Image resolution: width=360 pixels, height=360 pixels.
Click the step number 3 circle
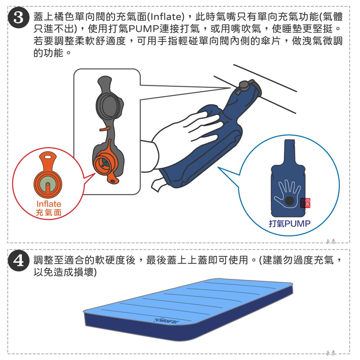(x=18, y=18)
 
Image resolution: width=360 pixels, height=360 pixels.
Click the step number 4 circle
(x=18, y=261)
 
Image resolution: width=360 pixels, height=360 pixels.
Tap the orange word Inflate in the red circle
(x=49, y=204)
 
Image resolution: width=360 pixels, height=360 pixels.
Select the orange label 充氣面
(x=49, y=212)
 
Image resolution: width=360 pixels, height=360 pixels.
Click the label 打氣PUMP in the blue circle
(x=289, y=224)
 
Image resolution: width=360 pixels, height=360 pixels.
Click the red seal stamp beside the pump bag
(x=305, y=203)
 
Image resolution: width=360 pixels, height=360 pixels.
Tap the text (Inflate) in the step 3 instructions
(x=165, y=17)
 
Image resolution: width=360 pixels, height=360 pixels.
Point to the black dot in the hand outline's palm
(x=289, y=201)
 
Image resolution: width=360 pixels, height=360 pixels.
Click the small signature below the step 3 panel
(x=331, y=242)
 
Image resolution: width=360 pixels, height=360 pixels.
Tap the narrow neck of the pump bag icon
(x=289, y=152)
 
